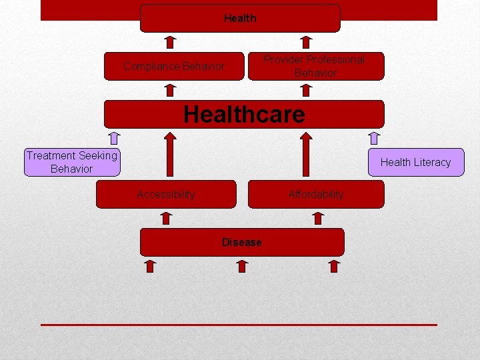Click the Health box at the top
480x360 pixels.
point(240,19)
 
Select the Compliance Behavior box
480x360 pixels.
point(174,66)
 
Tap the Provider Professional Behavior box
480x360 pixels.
point(316,66)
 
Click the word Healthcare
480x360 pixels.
point(244,114)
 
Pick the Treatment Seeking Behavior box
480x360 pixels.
point(72,162)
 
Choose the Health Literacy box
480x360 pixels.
point(415,162)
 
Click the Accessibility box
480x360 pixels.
point(166,194)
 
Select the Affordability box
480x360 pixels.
point(316,194)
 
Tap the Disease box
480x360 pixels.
point(242,242)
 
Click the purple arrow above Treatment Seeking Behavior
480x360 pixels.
point(114,138)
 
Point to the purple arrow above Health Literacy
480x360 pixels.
point(374,138)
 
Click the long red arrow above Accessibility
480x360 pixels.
point(169,155)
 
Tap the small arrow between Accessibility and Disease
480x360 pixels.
point(167,218)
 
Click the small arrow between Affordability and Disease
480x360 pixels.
point(318,218)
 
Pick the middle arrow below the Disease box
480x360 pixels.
point(242,266)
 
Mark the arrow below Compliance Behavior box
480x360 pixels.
point(170,90)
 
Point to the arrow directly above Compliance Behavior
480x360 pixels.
point(170,42)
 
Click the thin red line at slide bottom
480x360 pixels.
point(239,325)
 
